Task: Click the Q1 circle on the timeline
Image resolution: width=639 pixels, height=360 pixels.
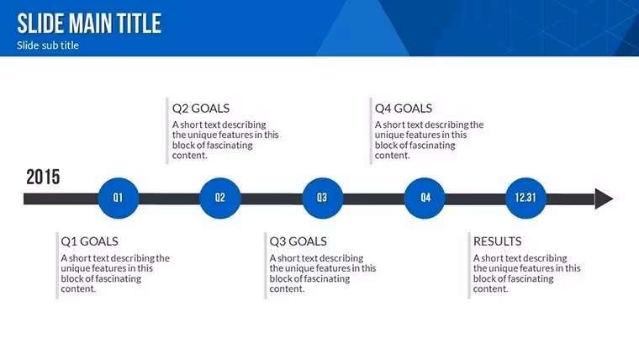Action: click(119, 199)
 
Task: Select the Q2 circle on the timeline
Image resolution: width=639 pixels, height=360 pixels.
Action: click(220, 199)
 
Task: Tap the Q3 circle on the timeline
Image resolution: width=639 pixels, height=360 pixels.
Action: click(322, 199)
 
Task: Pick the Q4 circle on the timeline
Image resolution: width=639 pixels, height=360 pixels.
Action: click(425, 199)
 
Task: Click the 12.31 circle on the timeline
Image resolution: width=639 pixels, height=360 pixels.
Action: click(525, 199)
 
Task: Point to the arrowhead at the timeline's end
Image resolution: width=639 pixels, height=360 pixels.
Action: click(603, 199)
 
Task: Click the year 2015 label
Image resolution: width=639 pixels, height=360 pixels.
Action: click(43, 177)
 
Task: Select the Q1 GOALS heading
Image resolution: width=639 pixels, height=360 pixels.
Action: click(89, 241)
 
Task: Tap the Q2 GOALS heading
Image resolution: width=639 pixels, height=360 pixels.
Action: click(200, 109)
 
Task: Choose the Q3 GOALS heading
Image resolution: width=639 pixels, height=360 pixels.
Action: click(298, 241)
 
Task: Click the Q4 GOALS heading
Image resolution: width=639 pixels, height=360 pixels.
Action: click(404, 109)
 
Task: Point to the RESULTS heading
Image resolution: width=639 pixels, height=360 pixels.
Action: click(497, 241)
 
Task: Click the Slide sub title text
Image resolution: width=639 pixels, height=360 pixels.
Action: click(48, 45)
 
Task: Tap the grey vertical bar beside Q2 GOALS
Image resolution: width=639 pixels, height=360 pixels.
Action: click(167, 131)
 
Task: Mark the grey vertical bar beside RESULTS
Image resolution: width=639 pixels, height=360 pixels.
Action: click(469, 266)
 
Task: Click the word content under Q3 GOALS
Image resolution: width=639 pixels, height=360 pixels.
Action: click(287, 289)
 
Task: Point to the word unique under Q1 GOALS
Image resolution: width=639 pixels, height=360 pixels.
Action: click(73, 268)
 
